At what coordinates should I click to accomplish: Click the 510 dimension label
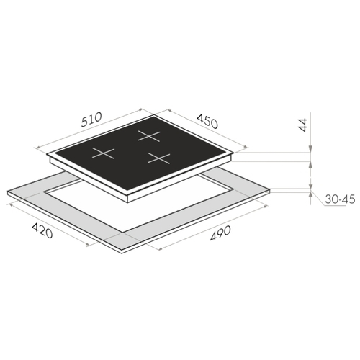point(91,120)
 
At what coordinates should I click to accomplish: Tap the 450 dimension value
point(207,121)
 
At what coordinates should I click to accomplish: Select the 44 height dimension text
point(303,125)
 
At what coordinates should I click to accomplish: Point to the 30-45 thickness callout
point(340,199)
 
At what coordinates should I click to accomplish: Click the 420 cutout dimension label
point(42,230)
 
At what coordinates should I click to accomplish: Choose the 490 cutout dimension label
point(220,233)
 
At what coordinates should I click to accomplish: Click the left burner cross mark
point(104,153)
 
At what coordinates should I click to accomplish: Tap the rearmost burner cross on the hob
point(149,136)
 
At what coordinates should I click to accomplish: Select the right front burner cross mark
point(159,158)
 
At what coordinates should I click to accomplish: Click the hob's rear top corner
point(154,115)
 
